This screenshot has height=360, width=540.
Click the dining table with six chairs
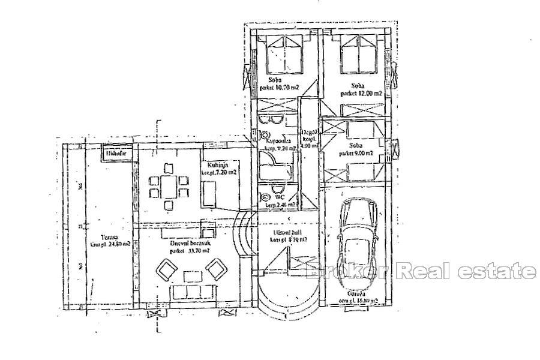(168, 185)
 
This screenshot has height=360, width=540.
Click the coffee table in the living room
(191, 276)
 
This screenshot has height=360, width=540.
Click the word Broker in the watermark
(338, 272)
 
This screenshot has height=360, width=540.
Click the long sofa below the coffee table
(191, 293)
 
